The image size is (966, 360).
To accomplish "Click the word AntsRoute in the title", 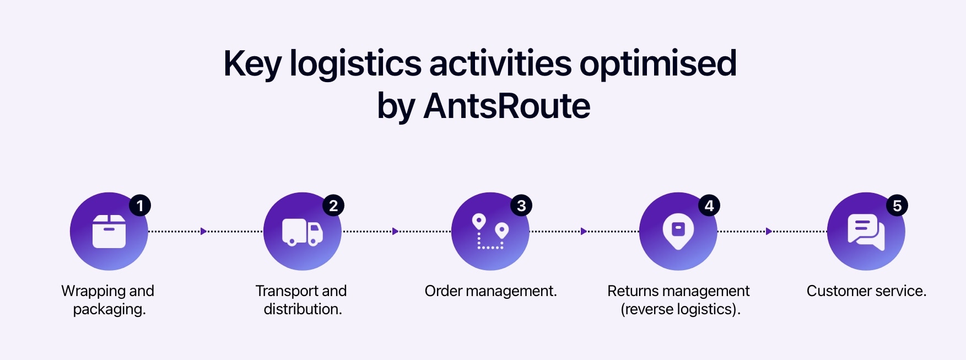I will pyautogui.click(x=506, y=106).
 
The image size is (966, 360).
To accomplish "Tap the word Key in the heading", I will pyautogui.click(x=252, y=64).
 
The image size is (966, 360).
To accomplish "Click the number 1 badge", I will pyautogui.click(x=140, y=206).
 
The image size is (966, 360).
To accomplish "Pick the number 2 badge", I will pyautogui.click(x=333, y=206).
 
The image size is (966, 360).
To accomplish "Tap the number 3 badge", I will pyautogui.click(x=521, y=206).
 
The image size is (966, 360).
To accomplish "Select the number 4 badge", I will pyautogui.click(x=709, y=206).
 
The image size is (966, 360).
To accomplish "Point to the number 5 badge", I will pyautogui.click(x=897, y=206).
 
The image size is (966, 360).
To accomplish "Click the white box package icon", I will pyautogui.click(x=109, y=231).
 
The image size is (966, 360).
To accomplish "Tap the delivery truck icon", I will pyautogui.click(x=303, y=232).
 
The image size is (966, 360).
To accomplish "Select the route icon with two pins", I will pyautogui.click(x=490, y=232).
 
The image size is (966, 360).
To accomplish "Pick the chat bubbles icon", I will pyautogui.click(x=866, y=232).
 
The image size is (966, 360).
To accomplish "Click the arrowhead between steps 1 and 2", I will pyautogui.click(x=203, y=231).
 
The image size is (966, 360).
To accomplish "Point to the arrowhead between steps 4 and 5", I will pyautogui.click(x=769, y=231).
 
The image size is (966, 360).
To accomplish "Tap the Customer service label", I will pyautogui.click(x=866, y=291).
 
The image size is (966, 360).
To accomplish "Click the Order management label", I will pyautogui.click(x=490, y=291).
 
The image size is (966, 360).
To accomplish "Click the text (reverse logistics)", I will pyautogui.click(x=680, y=309).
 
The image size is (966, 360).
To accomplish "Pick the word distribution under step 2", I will pyautogui.click(x=303, y=309).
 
